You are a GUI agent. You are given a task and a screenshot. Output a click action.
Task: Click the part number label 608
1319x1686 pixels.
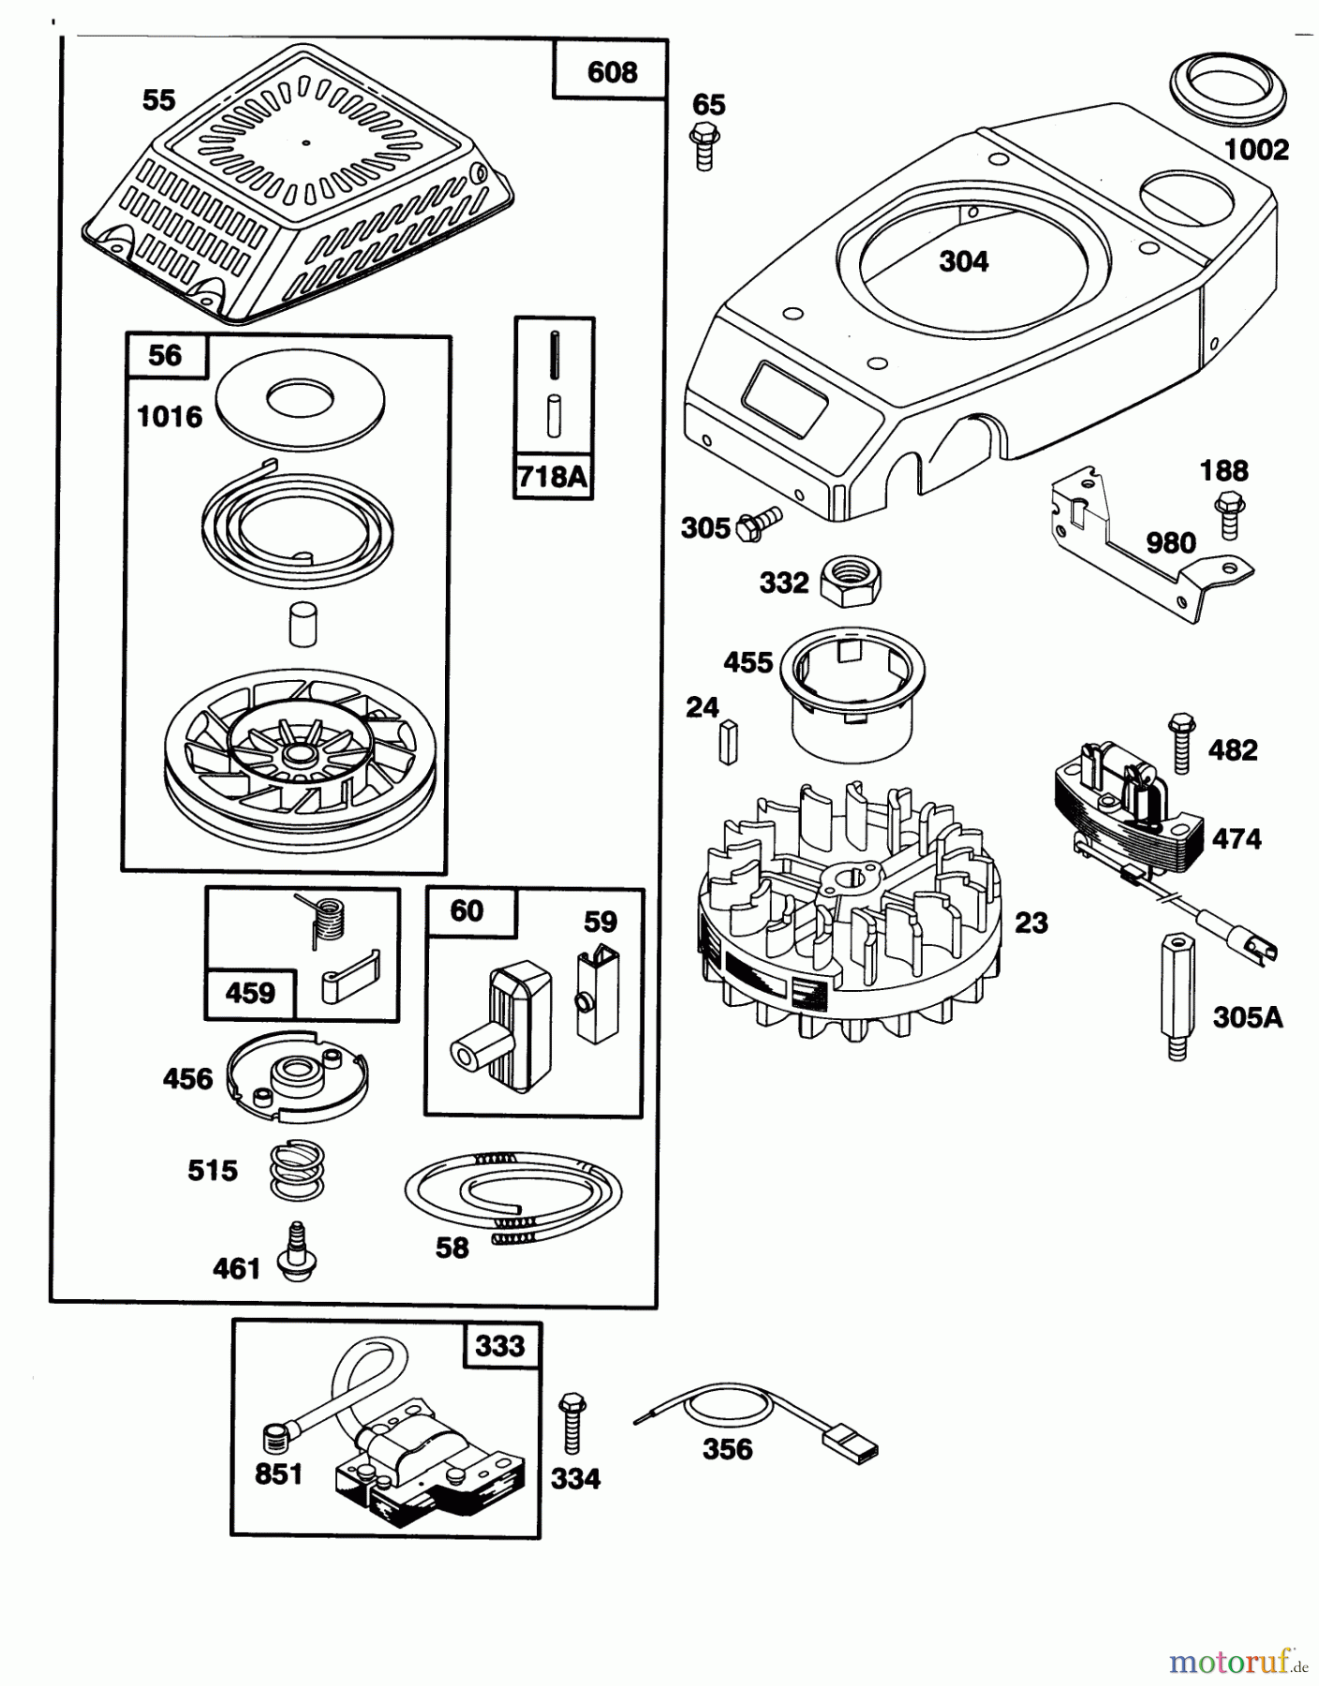coord(611,72)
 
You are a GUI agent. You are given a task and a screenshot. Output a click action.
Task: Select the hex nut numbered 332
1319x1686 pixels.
coord(850,580)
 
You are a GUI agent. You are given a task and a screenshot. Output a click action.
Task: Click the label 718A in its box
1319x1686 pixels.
coord(553,477)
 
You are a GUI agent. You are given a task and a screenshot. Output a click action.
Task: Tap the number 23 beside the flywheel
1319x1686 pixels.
coord(1030,923)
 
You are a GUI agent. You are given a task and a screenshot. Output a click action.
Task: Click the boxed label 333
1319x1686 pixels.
coord(499,1346)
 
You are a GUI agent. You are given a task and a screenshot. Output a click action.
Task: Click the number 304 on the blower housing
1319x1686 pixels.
coord(963,261)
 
